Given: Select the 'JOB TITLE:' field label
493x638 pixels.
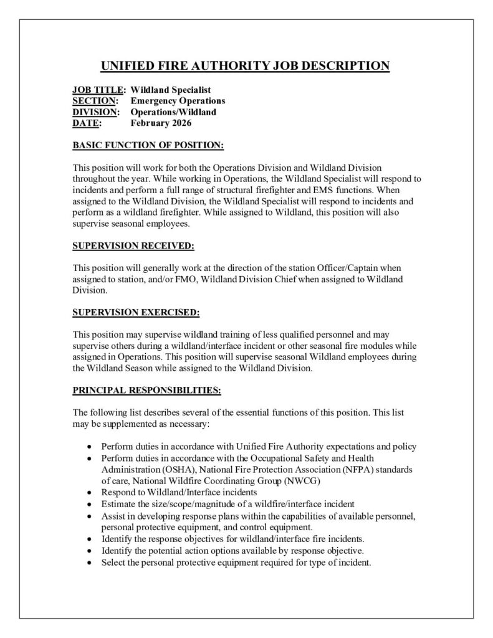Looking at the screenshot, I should tap(99, 90).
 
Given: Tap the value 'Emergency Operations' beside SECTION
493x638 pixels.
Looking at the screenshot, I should tap(178, 101).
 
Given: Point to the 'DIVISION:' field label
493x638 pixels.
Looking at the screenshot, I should tap(96, 112).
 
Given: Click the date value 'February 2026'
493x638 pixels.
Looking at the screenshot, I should tap(160, 123).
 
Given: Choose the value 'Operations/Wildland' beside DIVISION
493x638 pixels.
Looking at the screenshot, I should tap(173, 112).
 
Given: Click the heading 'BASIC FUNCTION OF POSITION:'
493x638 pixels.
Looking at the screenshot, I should tap(148, 146).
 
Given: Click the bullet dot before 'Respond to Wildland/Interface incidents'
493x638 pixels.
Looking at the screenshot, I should tap(91, 492).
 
